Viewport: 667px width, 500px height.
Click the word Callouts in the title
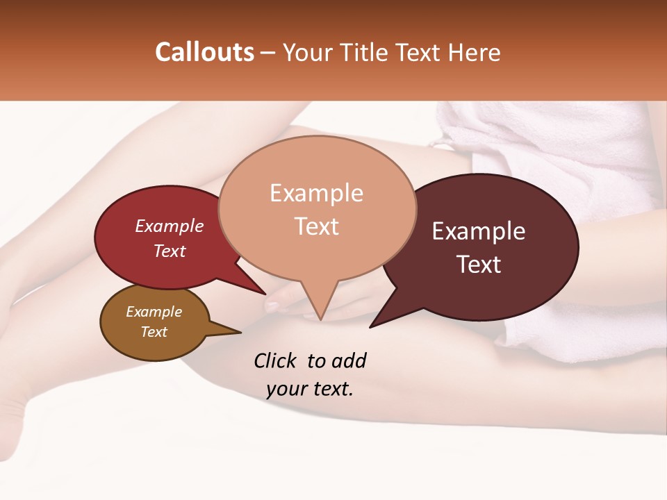click(x=204, y=52)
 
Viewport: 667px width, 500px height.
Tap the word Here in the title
click(x=474, y=52)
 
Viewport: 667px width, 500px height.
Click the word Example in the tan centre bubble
click(x=316, y=193)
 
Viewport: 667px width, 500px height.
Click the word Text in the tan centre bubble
click(x=317, y=226)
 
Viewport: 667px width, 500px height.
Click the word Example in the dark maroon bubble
click(x=479, y=231)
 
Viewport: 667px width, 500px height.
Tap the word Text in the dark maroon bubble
click(x=479, y=265)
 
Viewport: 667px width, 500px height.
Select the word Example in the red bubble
click(x=170, y=226)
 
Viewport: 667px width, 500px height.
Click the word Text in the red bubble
click(x=170, y=251)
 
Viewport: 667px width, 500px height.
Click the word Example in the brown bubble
click(x=154, y=312)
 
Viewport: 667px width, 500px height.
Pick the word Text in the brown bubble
click(x=154, y=332)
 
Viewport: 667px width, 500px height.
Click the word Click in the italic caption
click(x=277, y=360)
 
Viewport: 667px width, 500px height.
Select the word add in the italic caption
click(x=349, y=360)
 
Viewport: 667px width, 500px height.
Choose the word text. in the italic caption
click(x=331, y=389)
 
